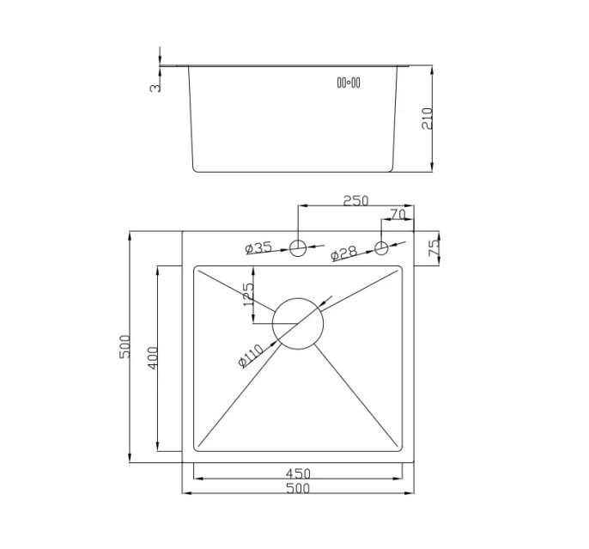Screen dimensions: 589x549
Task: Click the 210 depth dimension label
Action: pos(428,119)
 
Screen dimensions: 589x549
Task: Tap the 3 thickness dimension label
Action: pos(155,88)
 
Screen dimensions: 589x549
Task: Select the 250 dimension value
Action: pos(355,201)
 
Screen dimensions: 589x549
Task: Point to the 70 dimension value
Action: pos(398,215)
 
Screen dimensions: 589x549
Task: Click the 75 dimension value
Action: pos(434,248)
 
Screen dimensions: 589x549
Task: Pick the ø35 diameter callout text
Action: pos(258,247)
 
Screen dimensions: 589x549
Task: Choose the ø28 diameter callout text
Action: pos(344,253)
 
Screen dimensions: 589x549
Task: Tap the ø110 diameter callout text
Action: pos(251,356)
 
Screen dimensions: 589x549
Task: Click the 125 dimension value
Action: pos(249,294)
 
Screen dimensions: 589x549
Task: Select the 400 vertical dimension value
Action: pos(153,358)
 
